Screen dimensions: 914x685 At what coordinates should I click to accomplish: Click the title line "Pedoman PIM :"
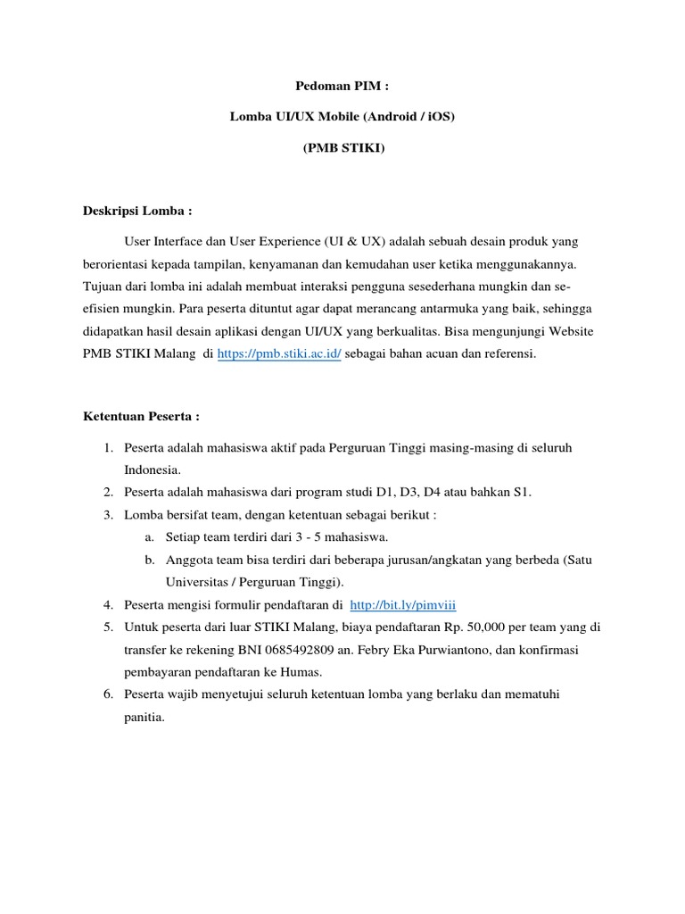point(342,87)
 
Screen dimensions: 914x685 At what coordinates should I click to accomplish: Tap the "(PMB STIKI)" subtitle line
point(343,148)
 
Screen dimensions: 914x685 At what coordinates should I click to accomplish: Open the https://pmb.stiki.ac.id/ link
point(279,353)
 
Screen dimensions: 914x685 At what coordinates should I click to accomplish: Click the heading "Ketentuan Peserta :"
point(142,416)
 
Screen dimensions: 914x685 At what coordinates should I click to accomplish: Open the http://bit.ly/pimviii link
point(403,605)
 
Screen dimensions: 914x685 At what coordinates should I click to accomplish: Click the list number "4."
point(108,605)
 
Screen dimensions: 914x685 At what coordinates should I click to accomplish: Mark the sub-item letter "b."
point(149,560)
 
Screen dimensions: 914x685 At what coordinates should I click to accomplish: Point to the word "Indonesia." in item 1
point(153,469)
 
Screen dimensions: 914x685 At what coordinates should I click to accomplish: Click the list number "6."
point(108,694)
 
